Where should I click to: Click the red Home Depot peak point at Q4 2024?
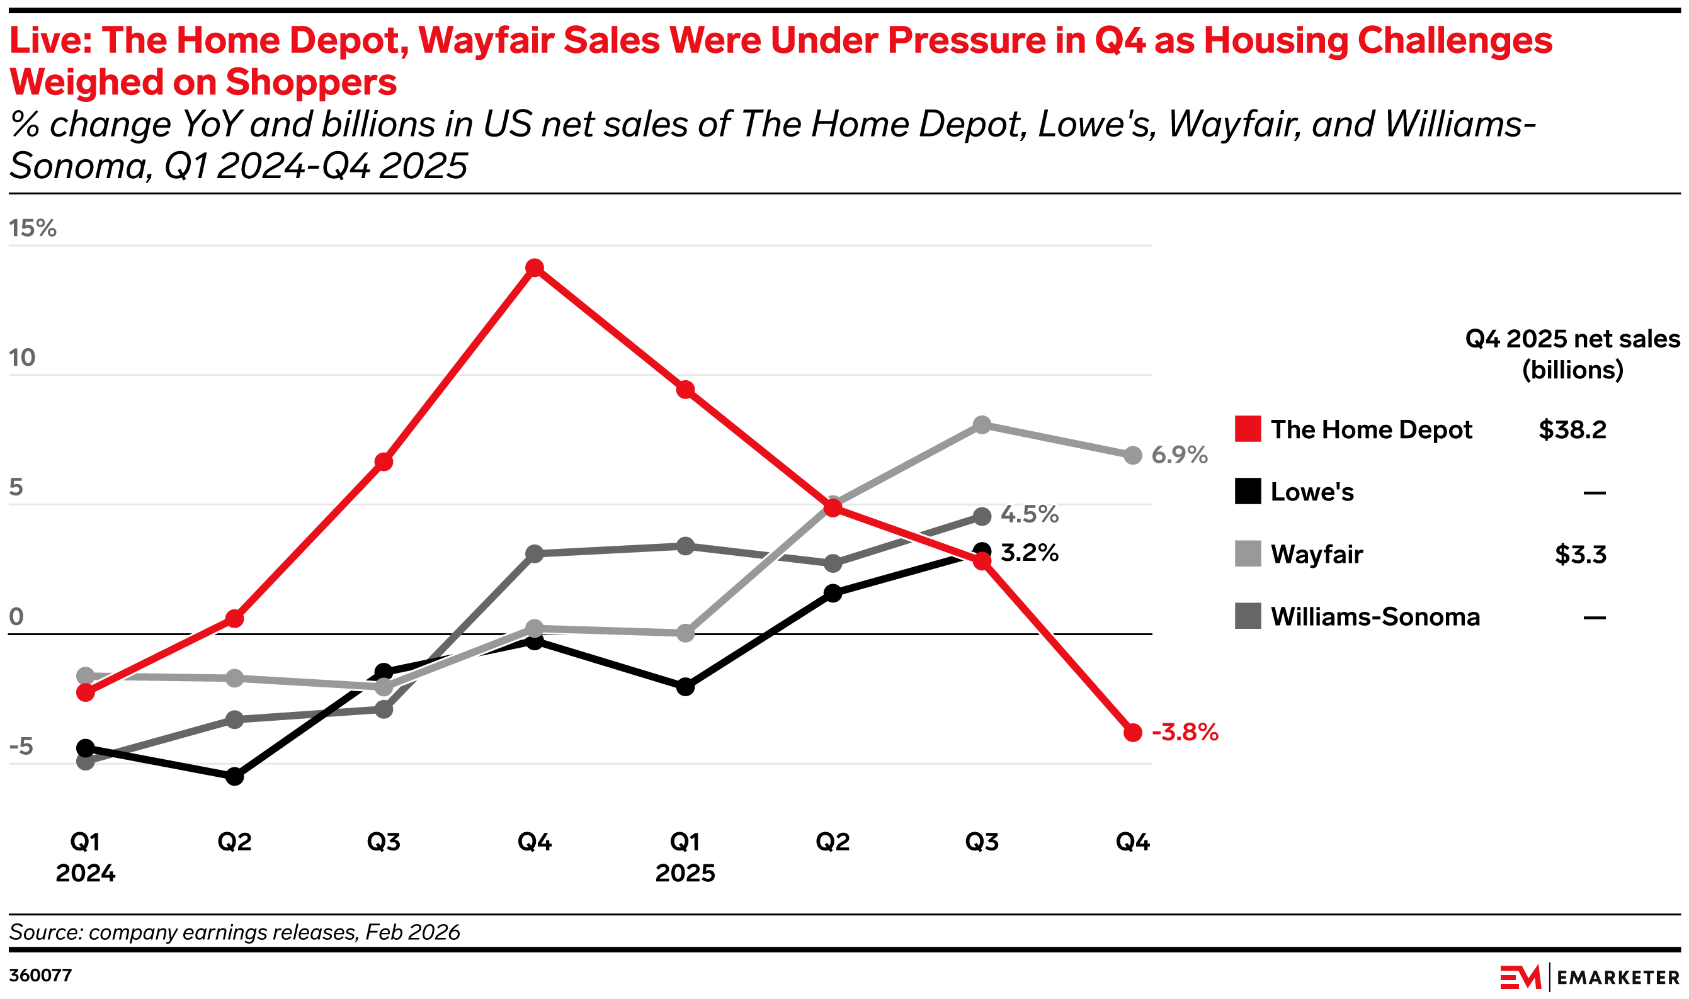(535, 268)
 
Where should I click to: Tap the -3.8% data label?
(1185, 733)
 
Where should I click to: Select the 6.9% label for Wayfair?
(1179, 455)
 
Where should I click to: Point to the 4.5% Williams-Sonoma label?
(1029, 514)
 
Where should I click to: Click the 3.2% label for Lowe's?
(1029, 553)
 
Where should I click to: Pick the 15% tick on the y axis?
(32, 229)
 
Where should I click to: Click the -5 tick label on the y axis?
(21, 747)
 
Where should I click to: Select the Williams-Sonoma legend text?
(1375, 617)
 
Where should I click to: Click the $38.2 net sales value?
(1572, 429)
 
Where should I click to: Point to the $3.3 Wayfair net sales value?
(1581, 555)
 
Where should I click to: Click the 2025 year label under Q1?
(685, 873)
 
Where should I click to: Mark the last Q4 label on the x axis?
(1133, 842)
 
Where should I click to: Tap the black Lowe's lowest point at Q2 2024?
(234, 777)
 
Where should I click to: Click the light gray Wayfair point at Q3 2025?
(982, 425)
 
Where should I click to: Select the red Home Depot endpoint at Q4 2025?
(1133, 733)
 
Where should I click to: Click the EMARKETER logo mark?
(1521, 977)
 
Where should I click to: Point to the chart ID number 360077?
(40, 976)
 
